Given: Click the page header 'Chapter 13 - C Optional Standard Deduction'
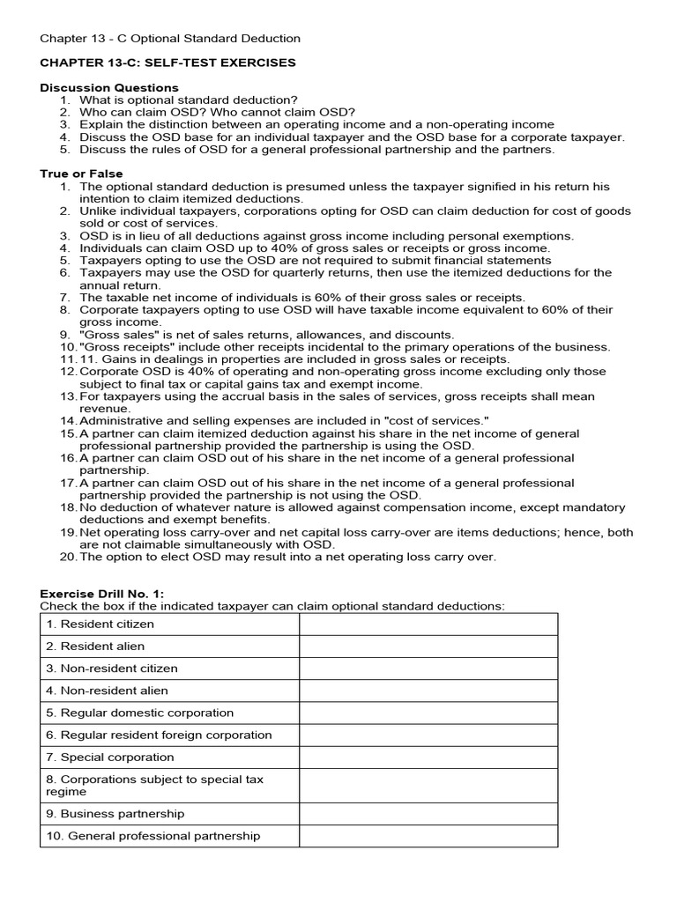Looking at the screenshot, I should click(170, 38).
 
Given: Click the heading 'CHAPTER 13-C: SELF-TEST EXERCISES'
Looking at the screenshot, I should click(167, 63).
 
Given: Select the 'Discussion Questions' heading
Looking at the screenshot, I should click(109, 87).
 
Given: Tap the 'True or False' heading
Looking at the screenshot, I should click(81, 174).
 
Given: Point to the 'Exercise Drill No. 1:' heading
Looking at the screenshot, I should click(102, 594).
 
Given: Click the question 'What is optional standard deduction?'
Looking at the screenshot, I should click(189, 100).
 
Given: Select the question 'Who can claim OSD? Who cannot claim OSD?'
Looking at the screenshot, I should click(218, 112).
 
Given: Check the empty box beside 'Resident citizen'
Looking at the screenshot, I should click(428, 624).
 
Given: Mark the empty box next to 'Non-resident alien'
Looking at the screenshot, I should click(428, 691).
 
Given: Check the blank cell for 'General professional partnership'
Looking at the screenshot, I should click(428, 835).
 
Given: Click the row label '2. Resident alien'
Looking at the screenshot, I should click(95, 646).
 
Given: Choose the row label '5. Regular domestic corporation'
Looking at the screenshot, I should click(140, 713).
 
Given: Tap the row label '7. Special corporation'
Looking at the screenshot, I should click(110, 757).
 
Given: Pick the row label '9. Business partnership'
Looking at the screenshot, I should click(115, 813).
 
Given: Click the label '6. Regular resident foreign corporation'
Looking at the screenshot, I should click(159, 735).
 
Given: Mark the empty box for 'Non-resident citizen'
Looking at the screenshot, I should click(428, 668).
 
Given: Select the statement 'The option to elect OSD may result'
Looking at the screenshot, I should click(287, 557).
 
